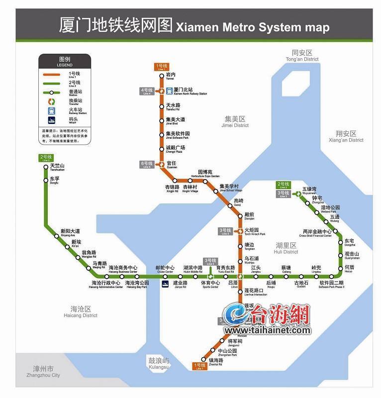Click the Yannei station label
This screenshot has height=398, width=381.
tap(171, 76)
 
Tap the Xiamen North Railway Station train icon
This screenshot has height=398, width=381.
tap(170, 91)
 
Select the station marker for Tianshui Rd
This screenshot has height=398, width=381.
tap(162, 106)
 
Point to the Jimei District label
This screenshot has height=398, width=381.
tap(235, 122)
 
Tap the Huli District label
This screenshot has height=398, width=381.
tap(286, 248)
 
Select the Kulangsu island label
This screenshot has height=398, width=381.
tap(159, 364)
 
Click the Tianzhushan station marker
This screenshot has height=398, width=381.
tap(46, 167)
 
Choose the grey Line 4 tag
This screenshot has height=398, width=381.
tap(147, 91)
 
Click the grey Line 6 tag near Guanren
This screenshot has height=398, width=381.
tap(147, 165)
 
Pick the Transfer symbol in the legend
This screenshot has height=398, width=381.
tap(51, 101)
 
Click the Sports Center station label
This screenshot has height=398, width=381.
tap(210, 285)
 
